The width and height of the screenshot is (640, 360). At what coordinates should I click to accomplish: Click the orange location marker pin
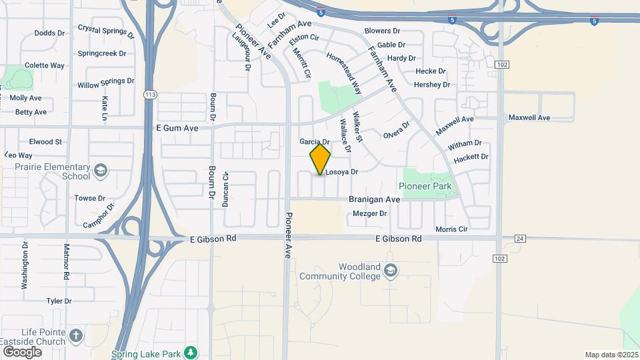pyautogui.click(x=321, y=159)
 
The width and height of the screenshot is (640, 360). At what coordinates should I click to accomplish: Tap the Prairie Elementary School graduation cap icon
pyautogui.click(x=101, y=171)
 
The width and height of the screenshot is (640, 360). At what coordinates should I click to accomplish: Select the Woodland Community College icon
pyautogui.click(x=391, y=271)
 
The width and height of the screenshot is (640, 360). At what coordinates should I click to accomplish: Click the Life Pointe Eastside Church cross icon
pyautogui.click(x=77, y=335)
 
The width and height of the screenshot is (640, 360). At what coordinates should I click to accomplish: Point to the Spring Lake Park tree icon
pyautogui.click(x=191, y=351)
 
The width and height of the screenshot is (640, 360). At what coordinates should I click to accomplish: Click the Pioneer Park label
pyautogui.click(x=425, y=187)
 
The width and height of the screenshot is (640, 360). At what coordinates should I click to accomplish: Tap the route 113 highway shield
pyautogui.click(x=150, y=95)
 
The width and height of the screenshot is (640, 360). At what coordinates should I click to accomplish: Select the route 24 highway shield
pyautogui.click(x=521, y=238)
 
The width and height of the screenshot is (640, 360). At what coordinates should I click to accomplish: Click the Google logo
pyautogui.click(x=22, y=351)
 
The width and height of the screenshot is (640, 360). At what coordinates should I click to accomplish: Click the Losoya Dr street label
pyautogui.click(x=341, y=172)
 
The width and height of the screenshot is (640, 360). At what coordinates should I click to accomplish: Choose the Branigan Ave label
pyautogui.click(x=375, y=199)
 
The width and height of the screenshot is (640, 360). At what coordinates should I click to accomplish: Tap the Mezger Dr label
pyautogui.click(x=369, y=214)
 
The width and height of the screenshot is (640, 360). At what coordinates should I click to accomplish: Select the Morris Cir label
pyautogui.click(x=451, y=229)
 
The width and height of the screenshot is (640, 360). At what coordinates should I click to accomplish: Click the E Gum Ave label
pyautogui.click(x=177, y=127)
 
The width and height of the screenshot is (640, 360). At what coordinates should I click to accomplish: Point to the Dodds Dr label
pyautogui.click(x=49, y=33)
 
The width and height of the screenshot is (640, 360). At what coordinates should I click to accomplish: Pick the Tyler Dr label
pyautogui.click(x=59, y=301)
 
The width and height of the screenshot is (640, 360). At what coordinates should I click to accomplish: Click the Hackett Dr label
pyautogui.click(x=471, y=157)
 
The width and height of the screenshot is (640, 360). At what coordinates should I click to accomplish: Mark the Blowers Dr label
pyautogui.click(x=382, y=31)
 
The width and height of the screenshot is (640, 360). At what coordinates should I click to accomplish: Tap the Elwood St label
pyautogui.click(x=45, y=141)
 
